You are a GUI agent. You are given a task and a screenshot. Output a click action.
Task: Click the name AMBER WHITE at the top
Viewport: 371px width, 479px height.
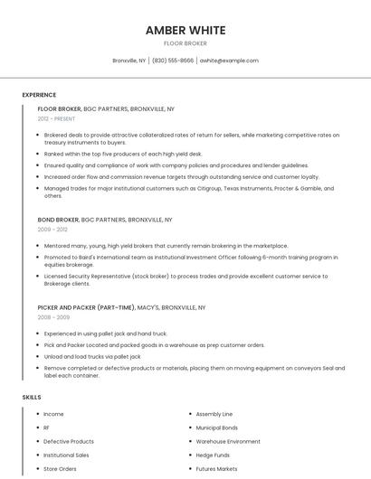185,31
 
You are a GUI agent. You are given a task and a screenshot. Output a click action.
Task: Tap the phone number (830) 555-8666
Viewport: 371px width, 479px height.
173,61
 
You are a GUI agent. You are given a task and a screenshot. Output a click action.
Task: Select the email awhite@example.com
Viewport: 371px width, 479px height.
229,61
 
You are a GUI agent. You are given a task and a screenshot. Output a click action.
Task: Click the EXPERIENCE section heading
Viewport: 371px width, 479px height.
39,95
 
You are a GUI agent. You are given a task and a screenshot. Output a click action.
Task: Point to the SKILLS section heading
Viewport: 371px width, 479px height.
32,397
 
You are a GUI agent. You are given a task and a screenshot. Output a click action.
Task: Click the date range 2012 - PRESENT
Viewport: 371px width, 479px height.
56,118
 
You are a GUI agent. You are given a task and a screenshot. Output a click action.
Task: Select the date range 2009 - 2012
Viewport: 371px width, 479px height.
52,230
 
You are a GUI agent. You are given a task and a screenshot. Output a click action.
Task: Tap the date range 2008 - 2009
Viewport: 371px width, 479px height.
52,317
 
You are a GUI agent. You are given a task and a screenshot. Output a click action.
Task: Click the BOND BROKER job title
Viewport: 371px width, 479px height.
58,220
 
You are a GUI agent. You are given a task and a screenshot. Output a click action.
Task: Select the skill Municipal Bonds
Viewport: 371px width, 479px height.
216,427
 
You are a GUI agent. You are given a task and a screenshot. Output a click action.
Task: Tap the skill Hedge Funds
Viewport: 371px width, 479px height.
213,456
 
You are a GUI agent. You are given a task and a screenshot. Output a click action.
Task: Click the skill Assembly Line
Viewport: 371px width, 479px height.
214,413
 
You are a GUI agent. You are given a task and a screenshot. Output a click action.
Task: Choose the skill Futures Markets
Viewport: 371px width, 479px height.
216,469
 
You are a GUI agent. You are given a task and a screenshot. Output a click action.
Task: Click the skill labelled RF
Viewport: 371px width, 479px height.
47,427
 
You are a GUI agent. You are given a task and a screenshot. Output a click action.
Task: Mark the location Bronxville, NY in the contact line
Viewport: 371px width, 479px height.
128,61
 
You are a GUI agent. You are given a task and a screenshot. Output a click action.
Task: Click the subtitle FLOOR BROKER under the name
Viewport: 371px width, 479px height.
185,43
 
